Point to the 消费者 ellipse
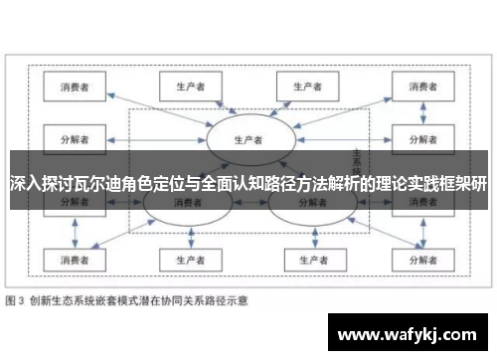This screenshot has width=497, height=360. coord(185,203)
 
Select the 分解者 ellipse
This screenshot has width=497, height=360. coord(309,203)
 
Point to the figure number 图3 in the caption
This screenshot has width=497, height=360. coord(17,299)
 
